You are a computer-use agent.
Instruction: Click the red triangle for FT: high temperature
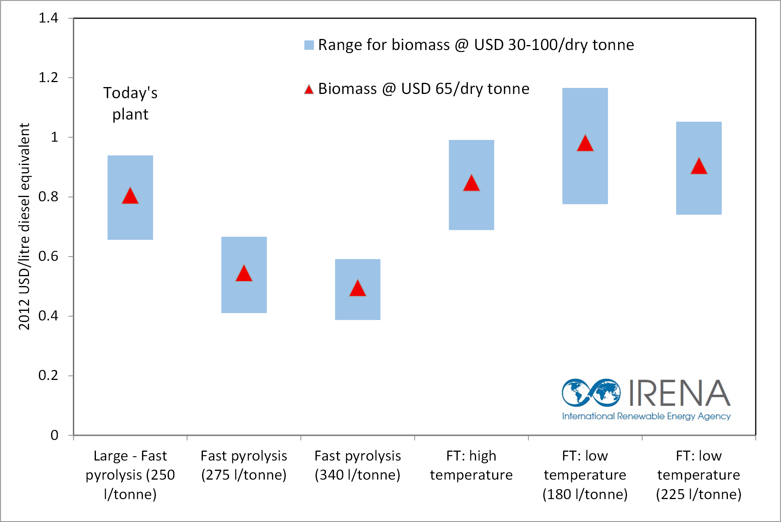point(471,183)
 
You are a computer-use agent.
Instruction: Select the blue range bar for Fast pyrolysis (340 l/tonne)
point(358,289)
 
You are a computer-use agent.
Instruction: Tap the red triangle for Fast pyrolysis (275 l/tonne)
point(244,273)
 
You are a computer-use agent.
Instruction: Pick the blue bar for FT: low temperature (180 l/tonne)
point(585,146)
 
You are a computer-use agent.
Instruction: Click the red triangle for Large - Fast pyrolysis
point(130,196)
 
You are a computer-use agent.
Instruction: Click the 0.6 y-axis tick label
point(48,256)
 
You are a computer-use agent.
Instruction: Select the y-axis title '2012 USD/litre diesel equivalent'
point(24,226)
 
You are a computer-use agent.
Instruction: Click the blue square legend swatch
point(309,45)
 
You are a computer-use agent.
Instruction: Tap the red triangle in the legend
point(309,89)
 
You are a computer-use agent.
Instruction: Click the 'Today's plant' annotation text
point(130,103)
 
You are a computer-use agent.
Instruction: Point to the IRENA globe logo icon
point(591,393)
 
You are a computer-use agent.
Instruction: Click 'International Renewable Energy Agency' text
point(646,416)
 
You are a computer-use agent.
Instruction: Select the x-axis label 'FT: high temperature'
point(471,465)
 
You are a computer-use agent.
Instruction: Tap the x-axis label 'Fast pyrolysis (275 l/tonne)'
point(244,465)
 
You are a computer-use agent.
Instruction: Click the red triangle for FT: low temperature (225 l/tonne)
point(699,166)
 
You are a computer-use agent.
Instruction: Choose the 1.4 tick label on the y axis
point(48,18)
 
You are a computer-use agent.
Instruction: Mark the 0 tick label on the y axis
point(54,435)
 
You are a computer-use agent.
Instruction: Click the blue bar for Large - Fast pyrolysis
point(130,197)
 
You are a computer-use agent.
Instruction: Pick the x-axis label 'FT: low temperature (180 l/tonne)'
point(585,475)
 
